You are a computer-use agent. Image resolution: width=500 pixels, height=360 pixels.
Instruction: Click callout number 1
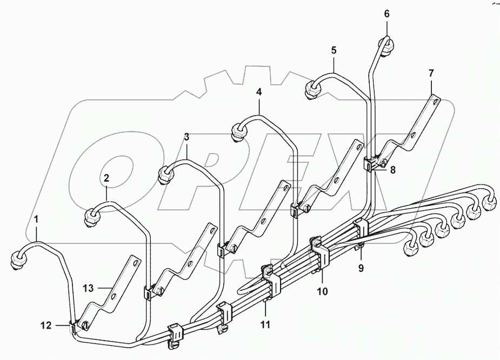[37, 219]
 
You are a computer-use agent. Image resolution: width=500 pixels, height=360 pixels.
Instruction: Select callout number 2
[106, 177]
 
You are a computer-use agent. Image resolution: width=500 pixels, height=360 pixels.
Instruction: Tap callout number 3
[186, 137]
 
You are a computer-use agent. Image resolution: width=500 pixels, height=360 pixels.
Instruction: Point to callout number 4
[259, 92]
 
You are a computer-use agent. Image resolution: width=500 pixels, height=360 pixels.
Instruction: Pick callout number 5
[334, 50]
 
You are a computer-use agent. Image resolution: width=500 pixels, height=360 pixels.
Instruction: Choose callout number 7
[431, 72]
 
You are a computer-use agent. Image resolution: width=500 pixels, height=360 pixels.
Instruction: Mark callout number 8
[392, 170]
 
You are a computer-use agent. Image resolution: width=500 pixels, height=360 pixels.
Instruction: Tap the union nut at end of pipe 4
[238, 131]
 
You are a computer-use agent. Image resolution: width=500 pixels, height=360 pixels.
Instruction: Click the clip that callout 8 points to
[371, 163]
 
